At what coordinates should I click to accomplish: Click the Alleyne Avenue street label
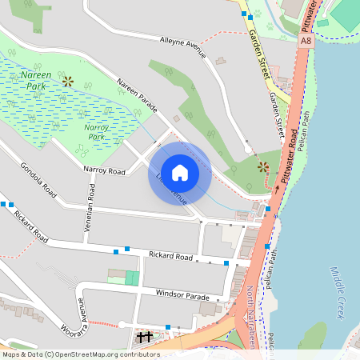[183, 47]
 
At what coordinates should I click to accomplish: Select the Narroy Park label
[96, 131]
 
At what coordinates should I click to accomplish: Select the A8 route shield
[306, 39]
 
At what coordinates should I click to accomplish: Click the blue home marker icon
[180, 173]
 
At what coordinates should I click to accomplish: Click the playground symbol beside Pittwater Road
[263, 167]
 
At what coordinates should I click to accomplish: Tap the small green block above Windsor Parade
[132, 278]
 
